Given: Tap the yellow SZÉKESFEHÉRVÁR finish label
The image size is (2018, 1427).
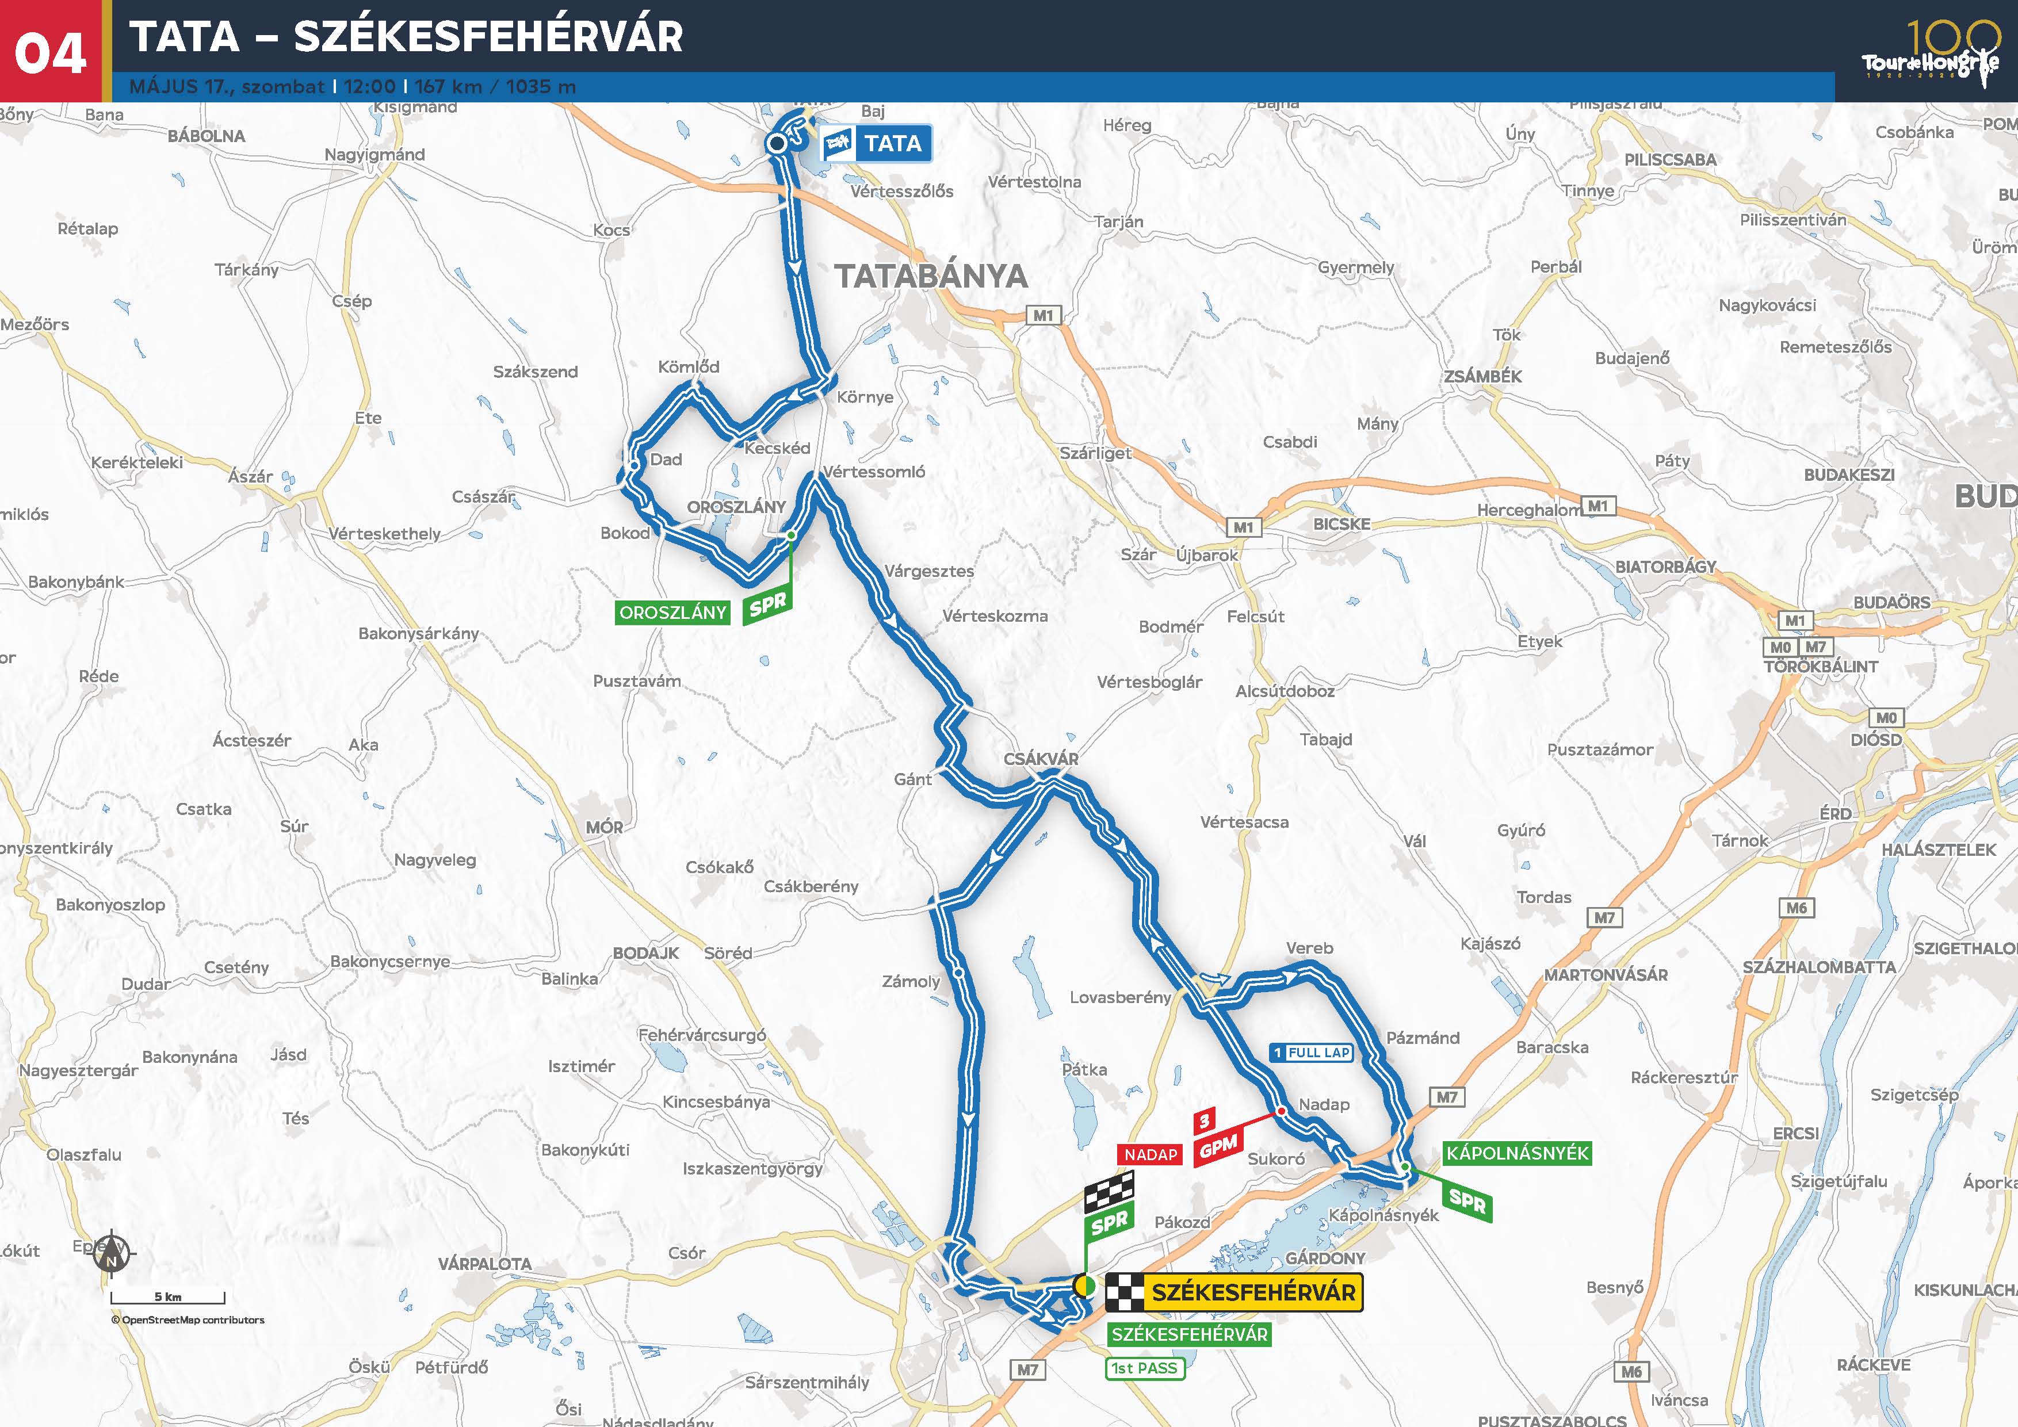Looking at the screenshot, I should pyautogui.click(x=1252, y=1292).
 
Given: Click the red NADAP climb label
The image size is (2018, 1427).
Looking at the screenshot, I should pyautogui.click(x=1151, y=1154).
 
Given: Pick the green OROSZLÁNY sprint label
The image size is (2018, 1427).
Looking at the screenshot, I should pyautogui.click(x=673, y=613).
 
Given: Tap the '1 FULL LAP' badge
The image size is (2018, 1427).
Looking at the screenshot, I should pyautogui.click(x=1312, y=1052).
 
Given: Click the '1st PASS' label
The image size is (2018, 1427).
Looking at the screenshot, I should pyautogui.click(x=1144, y=1368).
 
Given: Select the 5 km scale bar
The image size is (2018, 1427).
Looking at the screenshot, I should pyautogui.click(x=168, y=1298).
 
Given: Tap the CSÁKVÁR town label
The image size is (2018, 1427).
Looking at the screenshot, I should pyautogui.click(x=1041, y=758).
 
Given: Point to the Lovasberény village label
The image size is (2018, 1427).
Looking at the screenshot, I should pyautogui.click(x=1121, y=997).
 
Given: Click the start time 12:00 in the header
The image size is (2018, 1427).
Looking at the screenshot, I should pyautogui.click(x=369, y=86).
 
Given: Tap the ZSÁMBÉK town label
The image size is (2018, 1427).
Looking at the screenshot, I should pyautogui.click(x=1483, y=376).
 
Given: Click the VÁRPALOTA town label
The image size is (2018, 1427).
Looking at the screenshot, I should pyautogui.click(x=485, y=1264).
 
